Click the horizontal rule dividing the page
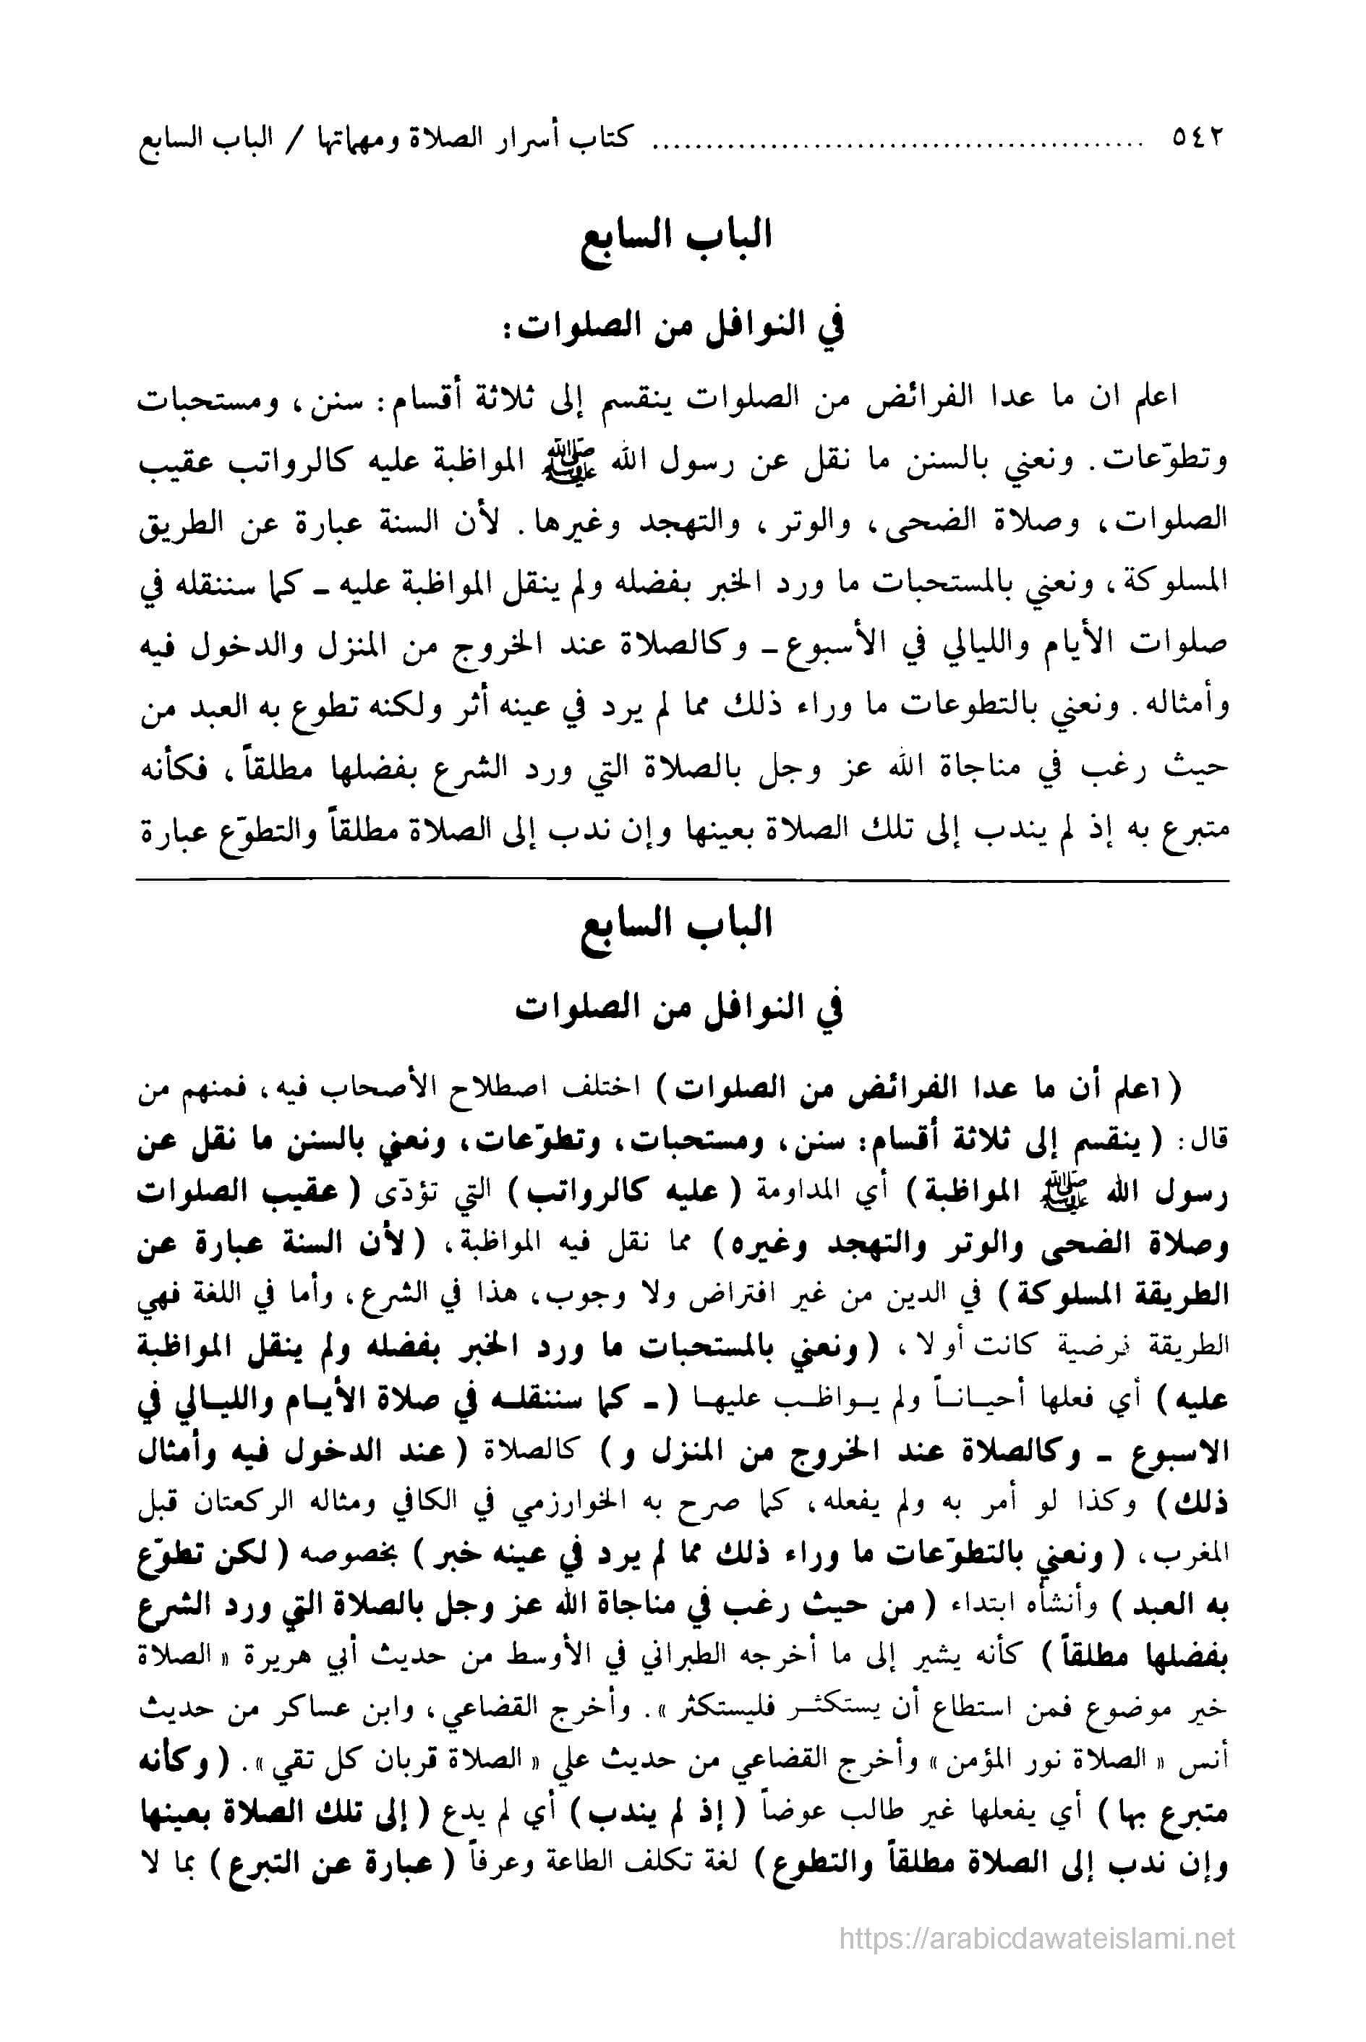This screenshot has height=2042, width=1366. [x=683, y=881]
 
